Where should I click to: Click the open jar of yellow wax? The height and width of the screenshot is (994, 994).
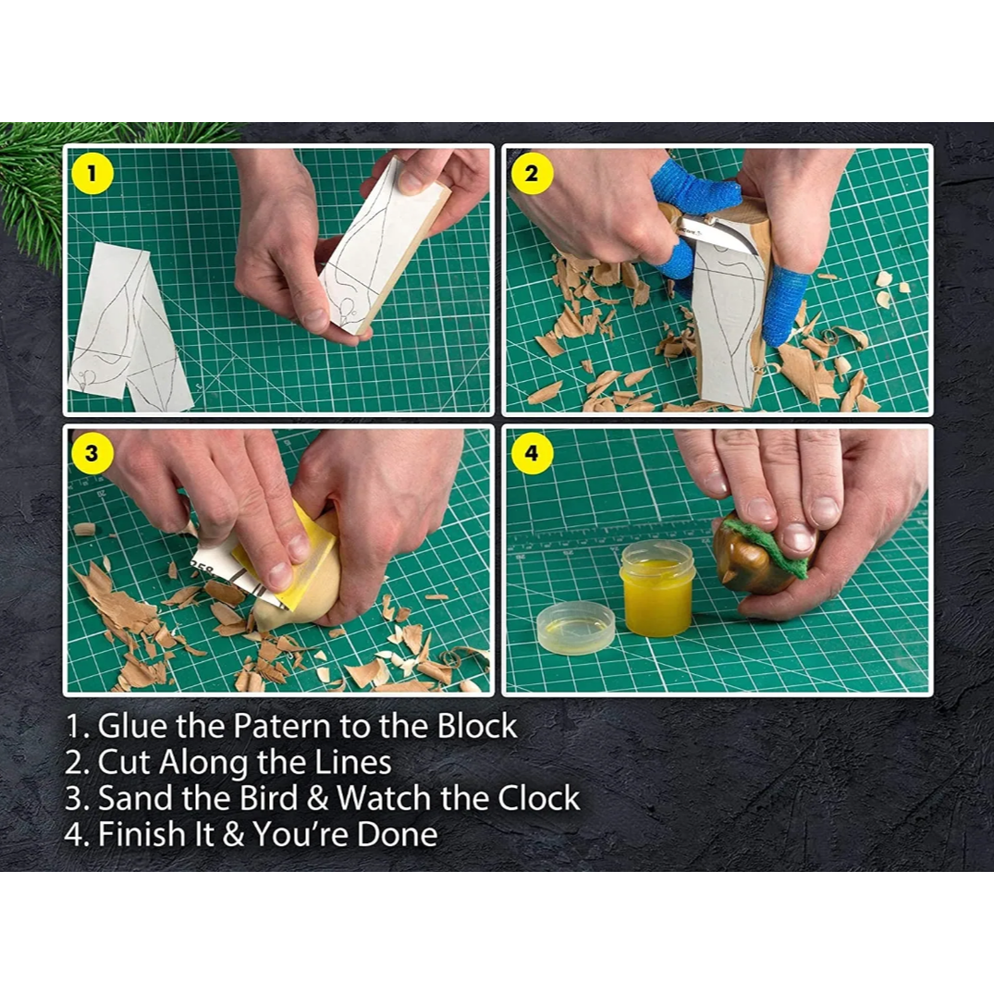point(656,589)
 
